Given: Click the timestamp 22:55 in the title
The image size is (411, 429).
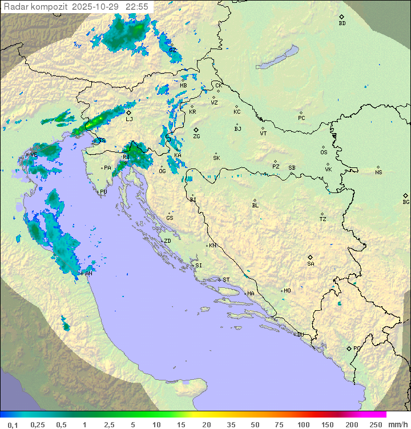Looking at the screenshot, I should tap(137, 6).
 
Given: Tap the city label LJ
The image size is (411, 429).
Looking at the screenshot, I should tap(129, 119).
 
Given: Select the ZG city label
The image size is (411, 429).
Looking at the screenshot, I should tap(196, 137).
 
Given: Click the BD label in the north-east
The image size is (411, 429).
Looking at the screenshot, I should tap(342, 23).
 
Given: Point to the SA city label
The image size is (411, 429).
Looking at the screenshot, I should tap(311, 264).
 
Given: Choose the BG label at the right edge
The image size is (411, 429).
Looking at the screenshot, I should tap(406, 202).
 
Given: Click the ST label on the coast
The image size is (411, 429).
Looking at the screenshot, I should tap(226, 280).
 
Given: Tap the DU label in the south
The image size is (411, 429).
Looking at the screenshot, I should tap(300, 335).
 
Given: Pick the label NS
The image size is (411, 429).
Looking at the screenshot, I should tap(378, 173).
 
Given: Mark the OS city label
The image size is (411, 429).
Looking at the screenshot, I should tap(324, 153).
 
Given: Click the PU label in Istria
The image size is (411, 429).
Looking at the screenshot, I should tap(103, 192).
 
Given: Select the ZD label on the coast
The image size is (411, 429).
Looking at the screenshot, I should tap(167, 241).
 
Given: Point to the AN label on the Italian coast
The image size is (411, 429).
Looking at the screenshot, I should tap(88, 274).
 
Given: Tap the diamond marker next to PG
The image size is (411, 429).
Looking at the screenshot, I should tap(349, 348).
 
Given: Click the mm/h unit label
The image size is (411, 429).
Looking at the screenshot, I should tap(397, 424).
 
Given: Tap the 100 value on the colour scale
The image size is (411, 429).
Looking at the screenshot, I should tap(303, 424).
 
